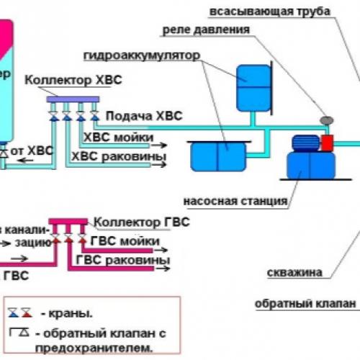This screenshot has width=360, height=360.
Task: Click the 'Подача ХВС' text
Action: pyautogui.click(x=143, y=115)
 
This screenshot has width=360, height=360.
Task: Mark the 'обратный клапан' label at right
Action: pyautogui.click(x=305, y=304)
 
